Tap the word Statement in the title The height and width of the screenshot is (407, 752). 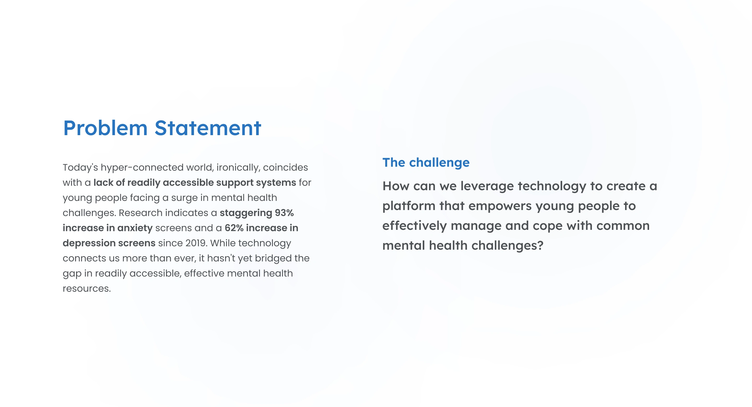208,128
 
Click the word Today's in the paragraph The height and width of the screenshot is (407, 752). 80,168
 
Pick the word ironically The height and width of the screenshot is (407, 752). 238,168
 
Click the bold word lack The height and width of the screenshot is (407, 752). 103,183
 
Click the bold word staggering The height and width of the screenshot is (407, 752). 246,213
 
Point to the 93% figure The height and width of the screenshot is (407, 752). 284,213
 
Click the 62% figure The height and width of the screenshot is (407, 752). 234,228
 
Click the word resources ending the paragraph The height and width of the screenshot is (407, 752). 87,289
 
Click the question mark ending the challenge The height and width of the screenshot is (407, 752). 540,245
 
